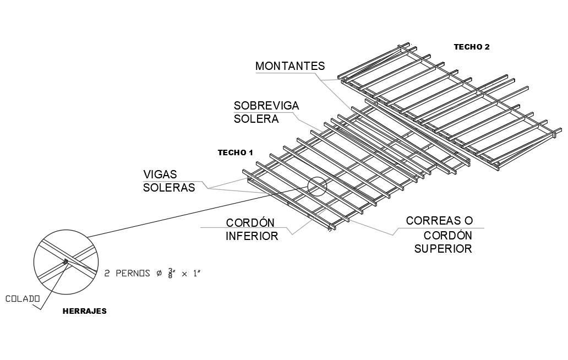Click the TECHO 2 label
click(x=471, y=47)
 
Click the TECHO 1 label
click(x=235, y=152)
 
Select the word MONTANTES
click(x=290, y=67)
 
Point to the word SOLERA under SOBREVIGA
click(x=256, y=119)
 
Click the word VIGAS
click(x=160, y=174)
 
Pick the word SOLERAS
click(x=169, y=188)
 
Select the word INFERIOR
click(x=252, y=236)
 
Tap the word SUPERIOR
click(x=443, y=249)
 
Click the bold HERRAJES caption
click(x=84, y=311)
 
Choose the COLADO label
click(x=23, y=299)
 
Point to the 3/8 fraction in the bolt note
click(x=172, y=273)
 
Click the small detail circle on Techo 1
click(x=317, y=187)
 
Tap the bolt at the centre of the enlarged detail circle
click(x=65, y=261)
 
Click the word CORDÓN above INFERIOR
click(x=250, y=223)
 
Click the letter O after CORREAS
click(x=468, y=221)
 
